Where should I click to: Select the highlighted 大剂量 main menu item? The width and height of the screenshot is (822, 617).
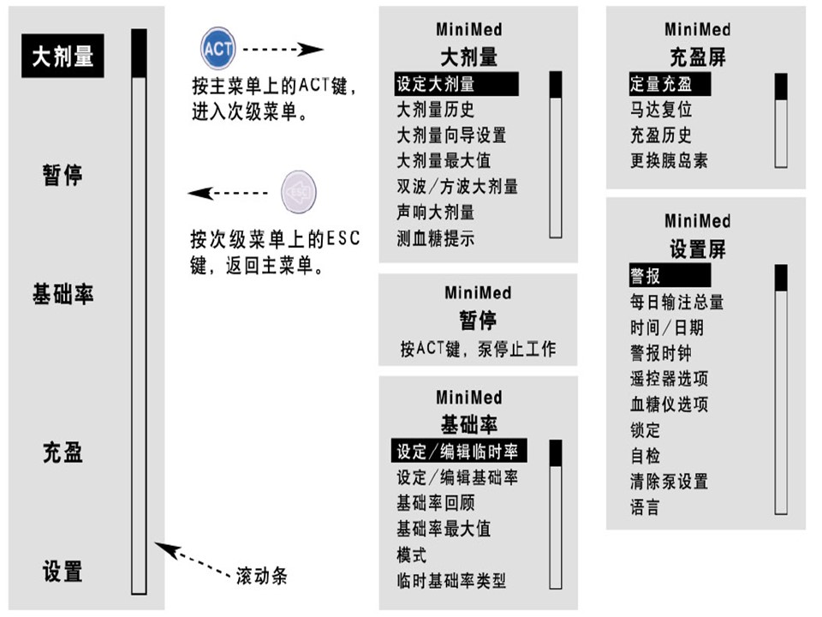63,57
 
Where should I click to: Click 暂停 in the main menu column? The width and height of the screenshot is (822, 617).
63,176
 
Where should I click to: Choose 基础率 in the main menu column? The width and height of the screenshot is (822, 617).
63,295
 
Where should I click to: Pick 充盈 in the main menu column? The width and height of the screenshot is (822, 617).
63,452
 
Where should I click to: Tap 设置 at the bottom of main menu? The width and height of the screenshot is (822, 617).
63,571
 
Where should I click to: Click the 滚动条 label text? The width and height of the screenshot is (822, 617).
261,575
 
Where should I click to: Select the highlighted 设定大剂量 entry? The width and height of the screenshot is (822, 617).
435,84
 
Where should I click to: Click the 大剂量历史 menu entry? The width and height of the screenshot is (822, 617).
435,110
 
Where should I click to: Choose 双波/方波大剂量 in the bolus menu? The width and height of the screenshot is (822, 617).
456,186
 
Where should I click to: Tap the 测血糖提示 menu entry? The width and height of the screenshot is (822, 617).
435,238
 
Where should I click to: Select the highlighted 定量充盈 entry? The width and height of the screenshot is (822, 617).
660,84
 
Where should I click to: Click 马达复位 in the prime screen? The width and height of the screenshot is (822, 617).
660,110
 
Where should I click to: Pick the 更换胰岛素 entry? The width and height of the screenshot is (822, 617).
669,160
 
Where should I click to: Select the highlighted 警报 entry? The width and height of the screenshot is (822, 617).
646,276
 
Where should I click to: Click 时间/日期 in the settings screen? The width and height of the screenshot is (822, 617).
667,327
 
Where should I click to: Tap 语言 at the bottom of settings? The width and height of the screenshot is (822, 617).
646,507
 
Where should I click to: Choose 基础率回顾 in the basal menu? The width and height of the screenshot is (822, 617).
435,503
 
